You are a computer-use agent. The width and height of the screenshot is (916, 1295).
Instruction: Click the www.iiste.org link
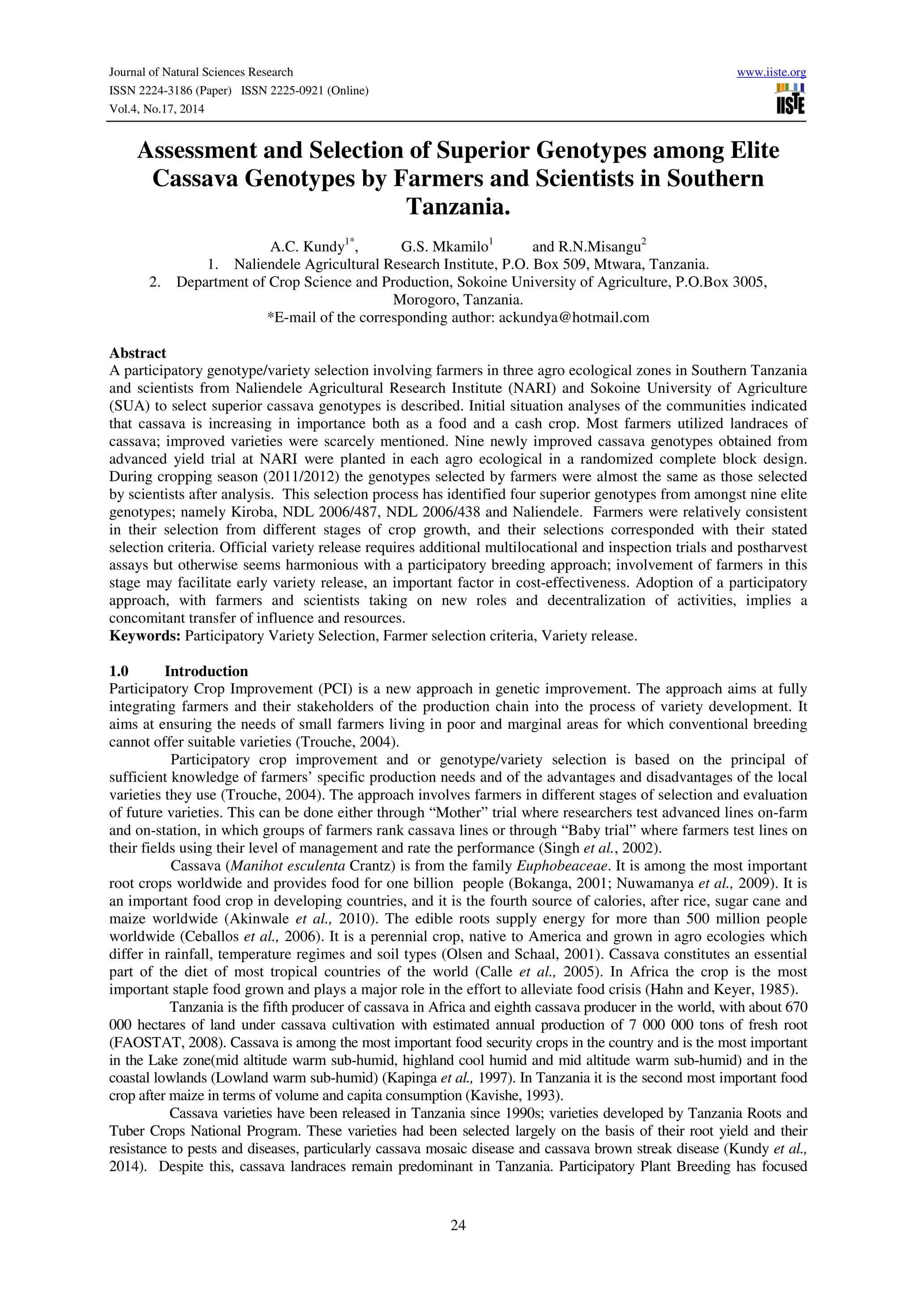(x=771, y=72)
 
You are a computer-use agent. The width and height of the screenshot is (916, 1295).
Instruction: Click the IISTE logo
(x=790, y=99)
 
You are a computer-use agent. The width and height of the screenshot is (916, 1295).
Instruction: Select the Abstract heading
(x=138, y=353)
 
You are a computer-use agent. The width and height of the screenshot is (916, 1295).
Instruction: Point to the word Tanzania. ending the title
(x=458, y=206)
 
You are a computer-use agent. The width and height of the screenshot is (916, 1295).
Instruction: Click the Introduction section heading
(x=206, y=671)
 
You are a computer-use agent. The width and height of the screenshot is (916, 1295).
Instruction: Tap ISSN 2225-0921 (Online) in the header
(x=305, y=91)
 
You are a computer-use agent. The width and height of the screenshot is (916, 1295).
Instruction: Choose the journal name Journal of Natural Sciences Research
(x=201, y=72)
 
